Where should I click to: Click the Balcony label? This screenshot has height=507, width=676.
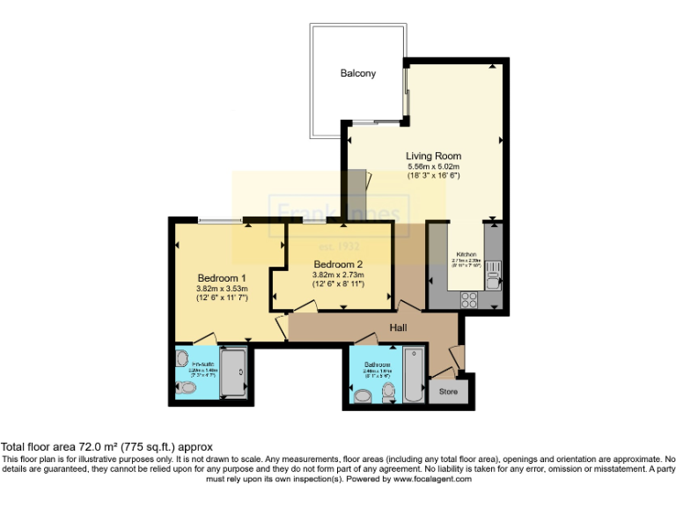click(357, 73)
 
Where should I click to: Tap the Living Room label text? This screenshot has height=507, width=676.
click(433, 157)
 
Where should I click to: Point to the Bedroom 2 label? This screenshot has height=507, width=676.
click(338, 264)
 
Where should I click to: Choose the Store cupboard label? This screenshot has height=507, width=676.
click(448, 392)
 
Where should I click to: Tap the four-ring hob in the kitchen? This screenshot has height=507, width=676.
click(468, 297)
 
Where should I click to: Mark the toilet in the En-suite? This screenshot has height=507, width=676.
click(185, 386)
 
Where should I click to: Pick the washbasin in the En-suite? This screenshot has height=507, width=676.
click(182, 358)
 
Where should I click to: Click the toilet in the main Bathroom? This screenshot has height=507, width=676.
click(363, 396)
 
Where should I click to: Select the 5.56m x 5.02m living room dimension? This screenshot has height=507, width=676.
click(433, 166)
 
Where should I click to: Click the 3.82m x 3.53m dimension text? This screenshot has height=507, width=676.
click(222, 288)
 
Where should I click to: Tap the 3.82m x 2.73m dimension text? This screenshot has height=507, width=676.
click(338, 275)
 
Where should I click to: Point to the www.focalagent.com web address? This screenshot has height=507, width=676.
click(431, 479)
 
